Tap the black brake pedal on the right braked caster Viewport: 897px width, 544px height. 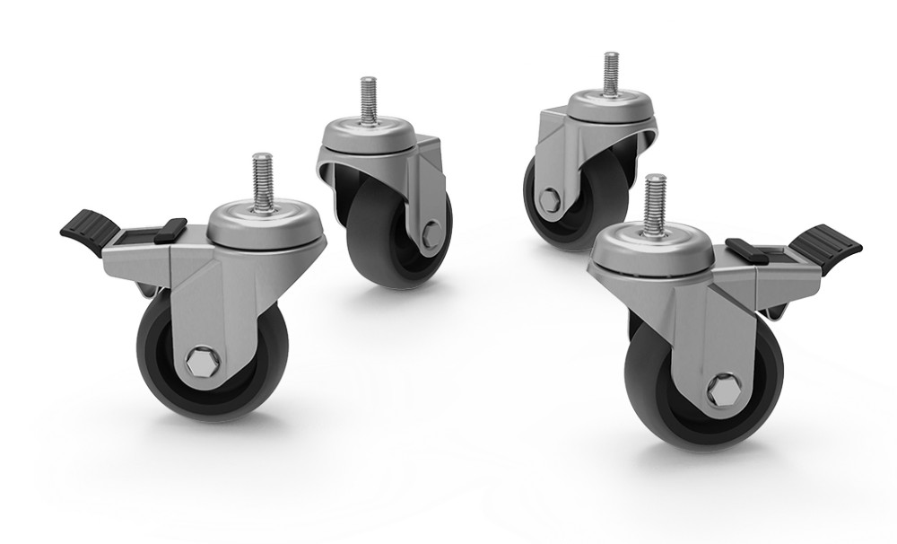[x=827, y=243]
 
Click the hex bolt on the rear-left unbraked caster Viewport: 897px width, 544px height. [x=431, y=236]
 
